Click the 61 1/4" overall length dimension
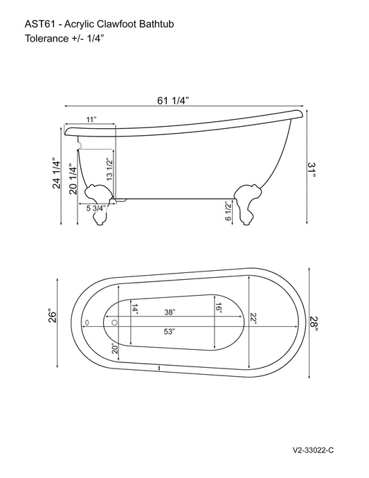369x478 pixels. [x=173, y=100]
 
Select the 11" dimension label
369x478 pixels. [x=91, y=121]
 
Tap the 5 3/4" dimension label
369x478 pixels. [x=96, y=208]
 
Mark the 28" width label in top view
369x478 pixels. [x=314, y=323]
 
